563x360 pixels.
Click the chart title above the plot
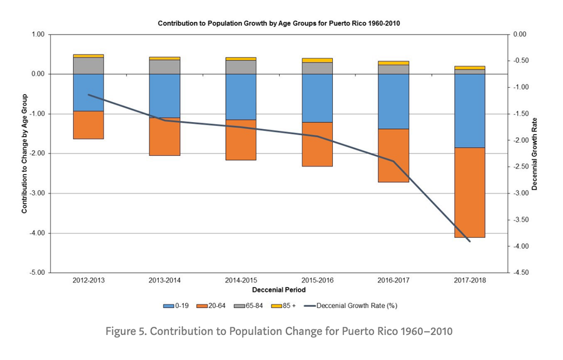point(278,23)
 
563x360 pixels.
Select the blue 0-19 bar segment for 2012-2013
point(88,93)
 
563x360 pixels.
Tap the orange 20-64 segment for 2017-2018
point(469,192)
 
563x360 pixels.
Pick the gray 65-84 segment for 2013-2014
point(165,67)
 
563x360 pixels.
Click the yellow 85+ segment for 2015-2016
point(317,60)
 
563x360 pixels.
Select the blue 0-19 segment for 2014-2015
point(241,97)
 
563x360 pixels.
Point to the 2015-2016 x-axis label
point(317,281)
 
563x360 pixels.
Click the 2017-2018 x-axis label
point(469,281)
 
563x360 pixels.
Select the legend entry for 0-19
point(176,306)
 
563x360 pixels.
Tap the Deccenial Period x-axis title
point(278,291)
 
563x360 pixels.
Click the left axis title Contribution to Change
point(24,153)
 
